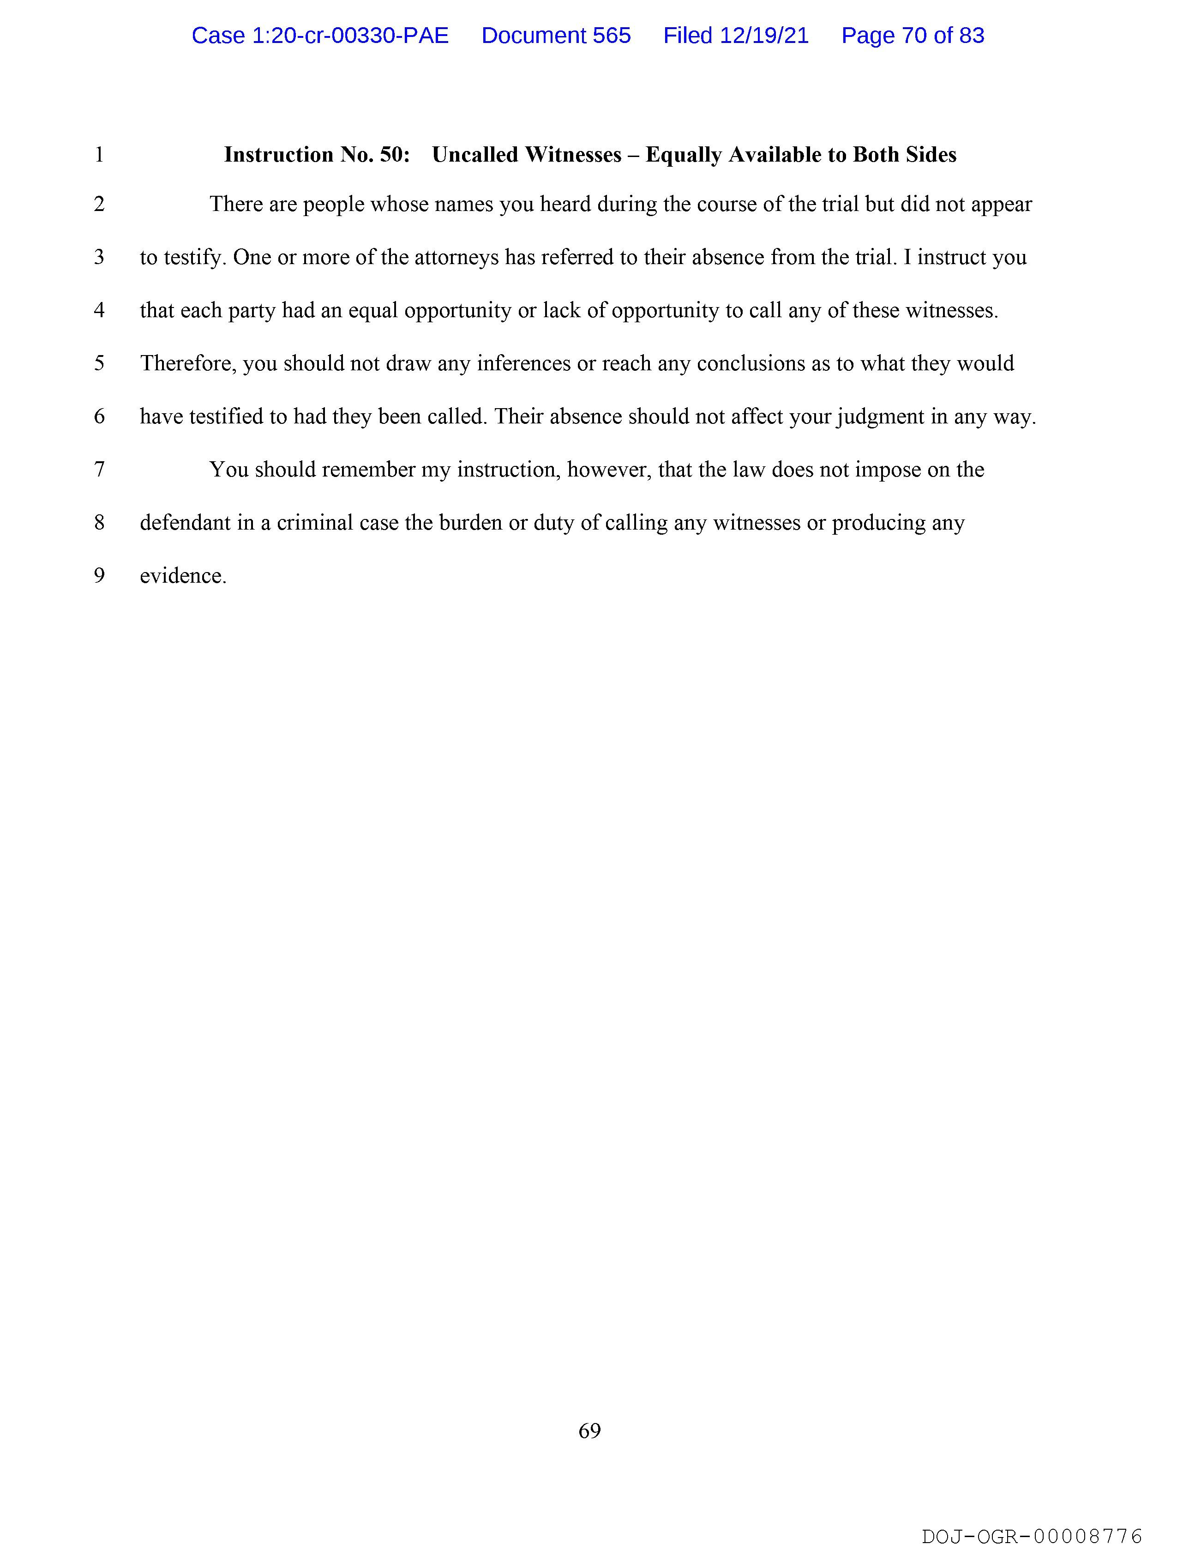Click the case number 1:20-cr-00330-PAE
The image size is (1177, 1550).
click(x=320, y=36)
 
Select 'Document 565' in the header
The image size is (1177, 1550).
click(x=556, y=36)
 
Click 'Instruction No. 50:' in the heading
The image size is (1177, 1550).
click(x=317, y=155)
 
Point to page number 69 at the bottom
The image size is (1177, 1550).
click(x=589, y=1430)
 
